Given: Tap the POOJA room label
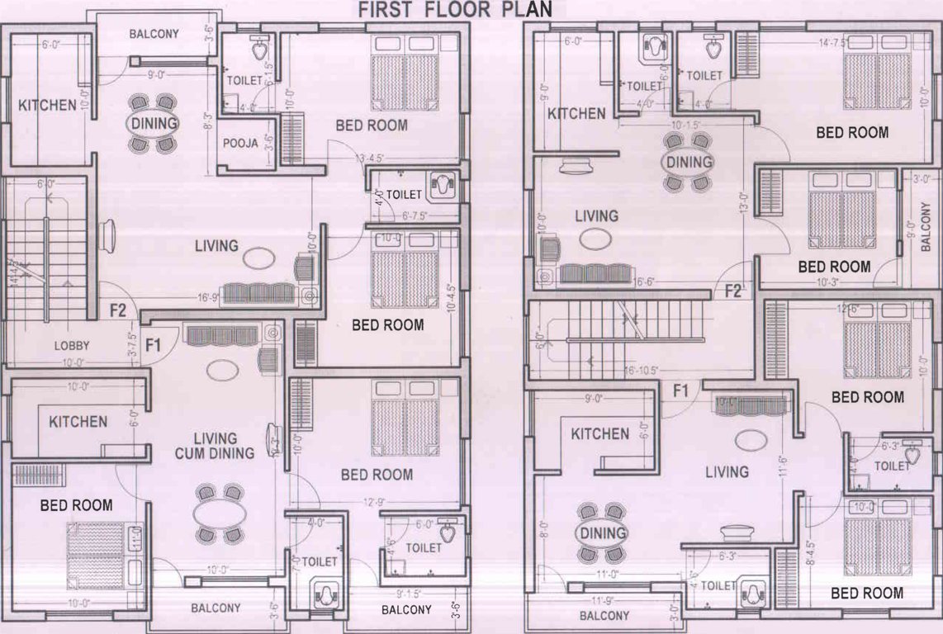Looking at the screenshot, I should click(x=241, y=143).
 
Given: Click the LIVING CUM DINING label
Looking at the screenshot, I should click(x=216, y=446).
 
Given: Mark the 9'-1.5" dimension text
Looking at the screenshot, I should click(x=410, y=592).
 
